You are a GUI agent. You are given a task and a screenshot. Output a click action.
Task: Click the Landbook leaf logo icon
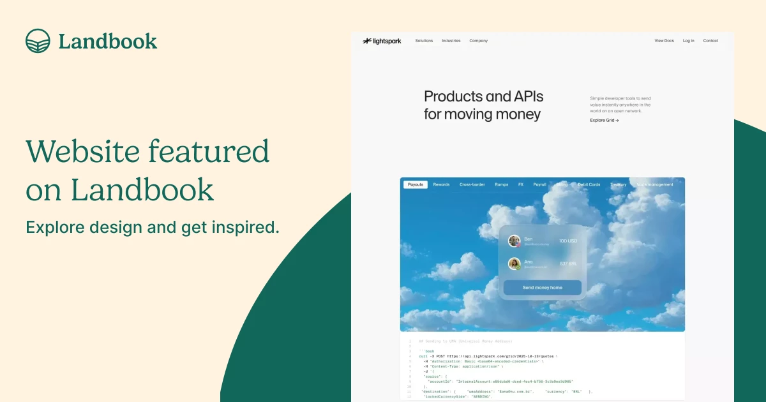pyautogui.click(x=38, y=41)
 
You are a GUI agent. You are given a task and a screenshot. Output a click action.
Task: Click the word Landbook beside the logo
pyautogui.click(x=107, y=41)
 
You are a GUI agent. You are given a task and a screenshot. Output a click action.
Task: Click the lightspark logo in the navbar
pyautogui.click(x=382, y=41)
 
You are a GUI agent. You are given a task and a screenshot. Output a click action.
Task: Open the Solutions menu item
pyautogui.click(x=424, y=41)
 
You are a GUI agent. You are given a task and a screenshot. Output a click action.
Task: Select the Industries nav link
pyautogui.click(x=451, y=41)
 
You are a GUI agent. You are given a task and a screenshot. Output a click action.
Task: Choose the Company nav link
pyautogui.click(x=478, y=41)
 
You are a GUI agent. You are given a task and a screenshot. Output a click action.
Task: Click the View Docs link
pyautogui.click(x=664, y=41)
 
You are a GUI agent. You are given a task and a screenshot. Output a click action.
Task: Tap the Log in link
pyautogui.click(x=688, y=41)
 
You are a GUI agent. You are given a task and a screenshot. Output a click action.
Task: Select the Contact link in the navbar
pyautogui.click(x=710, y=41)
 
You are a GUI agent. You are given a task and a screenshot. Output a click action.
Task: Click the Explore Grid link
pyautogui.click(x=604, y=120)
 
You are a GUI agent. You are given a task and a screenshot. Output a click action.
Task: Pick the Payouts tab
pyautogui.click(x=416, y=184)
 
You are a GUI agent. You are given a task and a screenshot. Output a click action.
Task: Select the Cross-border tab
pyautogui.click(x=472, y=184)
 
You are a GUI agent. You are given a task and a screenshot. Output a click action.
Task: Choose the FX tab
pyautogui.click(x=520, y=184)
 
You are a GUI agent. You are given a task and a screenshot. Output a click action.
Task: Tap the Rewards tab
pyautogui.click(x=441, y=184)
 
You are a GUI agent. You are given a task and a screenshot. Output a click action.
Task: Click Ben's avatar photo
pyautogui.click(x=514, y=241)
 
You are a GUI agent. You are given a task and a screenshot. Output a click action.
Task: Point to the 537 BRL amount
pyautogui.click(x=567, y=264)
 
